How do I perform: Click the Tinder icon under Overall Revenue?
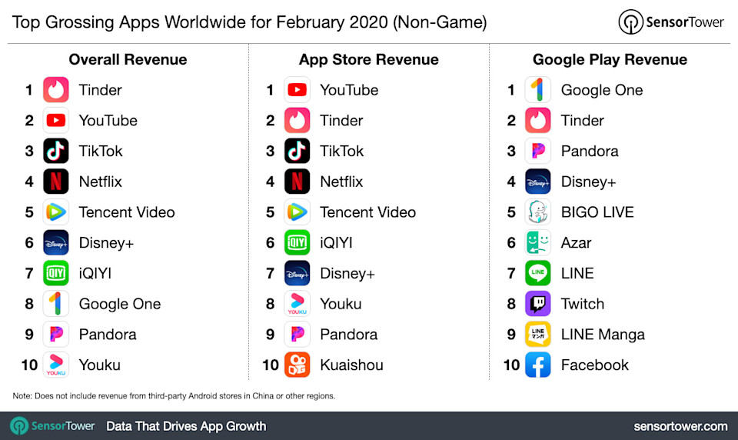point(55,90)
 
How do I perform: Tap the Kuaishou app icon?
point(297,365)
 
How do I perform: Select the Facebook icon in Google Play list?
point(538,365)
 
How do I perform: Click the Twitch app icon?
point(538,304)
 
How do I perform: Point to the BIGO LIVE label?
point(597,212)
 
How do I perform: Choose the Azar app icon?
point(538,242)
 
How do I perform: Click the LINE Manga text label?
point(603,335)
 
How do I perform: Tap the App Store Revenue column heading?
point(368,59)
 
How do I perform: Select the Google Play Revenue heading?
point(610,59)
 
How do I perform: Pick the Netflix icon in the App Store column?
point(297,182)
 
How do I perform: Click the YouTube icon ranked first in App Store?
point(297,90)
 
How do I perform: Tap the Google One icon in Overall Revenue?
point(55,304)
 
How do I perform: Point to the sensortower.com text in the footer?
point(680,426)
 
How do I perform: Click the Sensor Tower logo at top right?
point(671,22)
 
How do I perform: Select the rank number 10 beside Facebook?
point(512,365)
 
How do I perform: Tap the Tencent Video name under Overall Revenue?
point(127,212)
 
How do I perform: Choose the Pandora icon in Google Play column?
point(538,151)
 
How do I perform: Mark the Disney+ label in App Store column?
point(347,273)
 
